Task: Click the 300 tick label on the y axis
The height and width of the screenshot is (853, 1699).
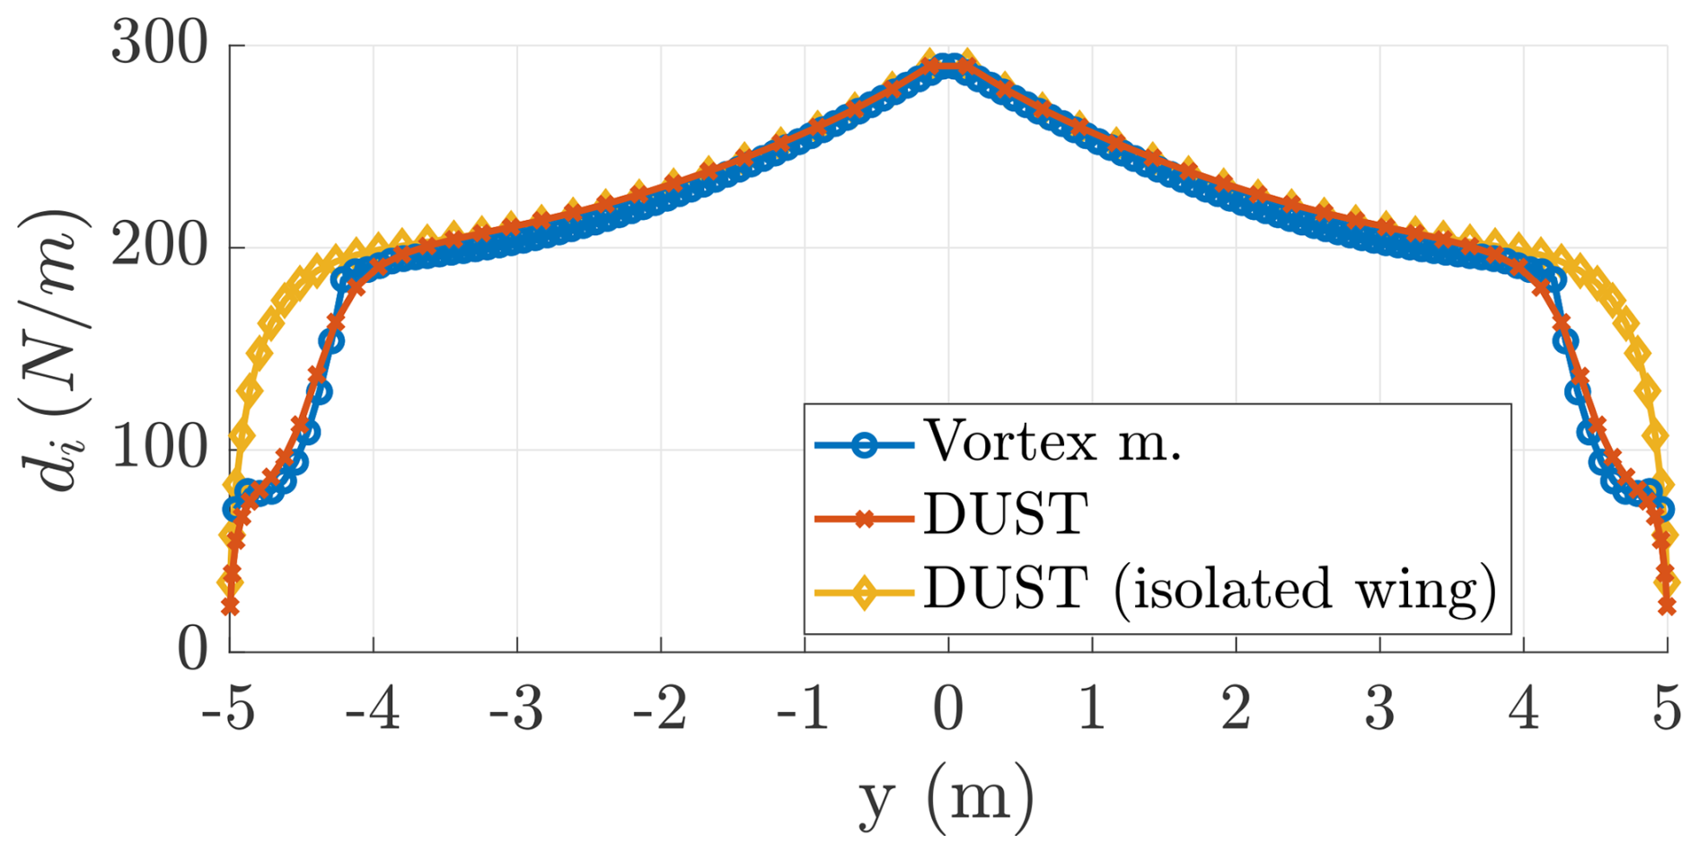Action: [x=160, y=43]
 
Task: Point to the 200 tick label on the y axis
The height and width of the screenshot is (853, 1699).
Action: [x=160, y=246]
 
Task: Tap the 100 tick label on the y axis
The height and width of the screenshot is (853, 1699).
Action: [x=160, y=447]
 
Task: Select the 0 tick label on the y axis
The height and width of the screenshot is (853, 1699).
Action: [x=192, y=649]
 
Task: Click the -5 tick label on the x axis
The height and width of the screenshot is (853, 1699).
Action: [x=228, y=709]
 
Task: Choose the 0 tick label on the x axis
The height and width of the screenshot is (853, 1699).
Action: [x=948, y=709]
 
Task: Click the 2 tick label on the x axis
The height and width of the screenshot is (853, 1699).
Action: [x=1236, y=709]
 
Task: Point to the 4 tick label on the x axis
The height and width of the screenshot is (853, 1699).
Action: [x=1523, y=709]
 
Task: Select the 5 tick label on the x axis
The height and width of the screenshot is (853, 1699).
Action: [x=1667, y=709]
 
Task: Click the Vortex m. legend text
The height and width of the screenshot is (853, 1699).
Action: [x=1052, y=442]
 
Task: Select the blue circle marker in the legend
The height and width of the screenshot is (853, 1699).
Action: [x=864, y=444]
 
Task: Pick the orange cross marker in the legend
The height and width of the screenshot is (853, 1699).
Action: [x=864, y=519]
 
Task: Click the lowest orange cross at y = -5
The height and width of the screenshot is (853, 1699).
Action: [x=230, y=607]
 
